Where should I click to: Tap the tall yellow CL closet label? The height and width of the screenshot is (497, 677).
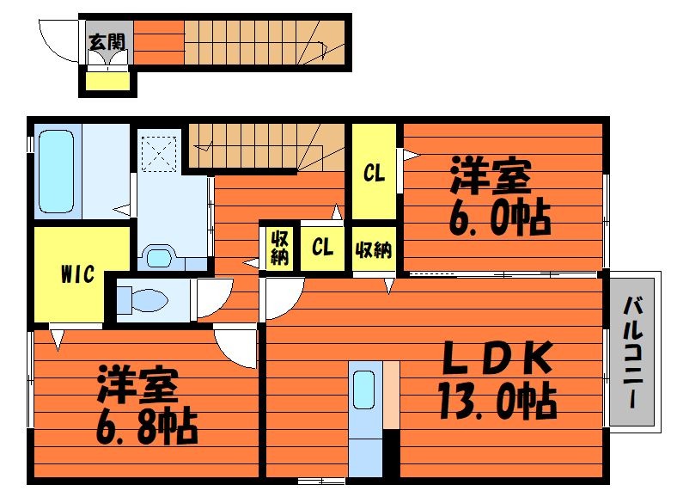point(373,173)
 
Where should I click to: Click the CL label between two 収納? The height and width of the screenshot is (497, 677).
point(322,248)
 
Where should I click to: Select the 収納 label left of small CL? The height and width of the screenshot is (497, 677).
point(279,248)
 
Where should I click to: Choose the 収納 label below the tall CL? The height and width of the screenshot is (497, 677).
point(373,249)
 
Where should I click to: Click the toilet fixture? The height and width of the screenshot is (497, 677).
point(146,300)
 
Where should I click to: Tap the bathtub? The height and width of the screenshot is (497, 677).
point(57,172)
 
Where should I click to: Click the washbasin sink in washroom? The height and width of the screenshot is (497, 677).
point(159,257)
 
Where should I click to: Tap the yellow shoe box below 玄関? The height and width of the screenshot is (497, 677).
point(107,82)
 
